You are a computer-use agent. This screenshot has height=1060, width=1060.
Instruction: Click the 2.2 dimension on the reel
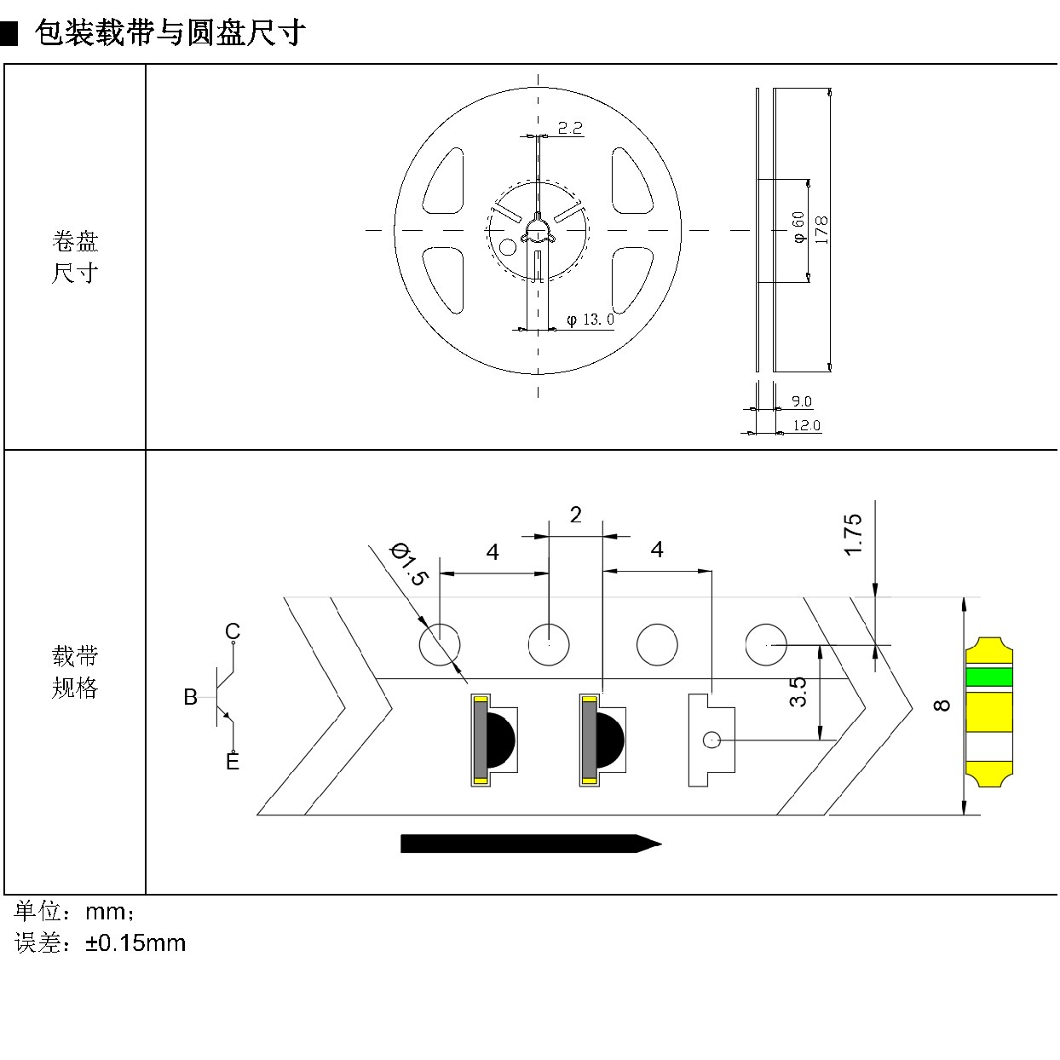pos(570,128)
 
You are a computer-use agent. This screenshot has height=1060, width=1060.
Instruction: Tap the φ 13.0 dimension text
pos(590,320)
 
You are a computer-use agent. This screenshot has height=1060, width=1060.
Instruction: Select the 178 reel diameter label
pos(821,229)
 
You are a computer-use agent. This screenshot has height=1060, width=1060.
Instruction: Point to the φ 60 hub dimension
pos(798,227)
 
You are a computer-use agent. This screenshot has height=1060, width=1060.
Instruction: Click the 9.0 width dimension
pos(802,401)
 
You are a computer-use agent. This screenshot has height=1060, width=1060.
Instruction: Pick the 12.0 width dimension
pos(806,425)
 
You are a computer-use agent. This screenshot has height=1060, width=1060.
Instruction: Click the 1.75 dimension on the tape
pos(853,534)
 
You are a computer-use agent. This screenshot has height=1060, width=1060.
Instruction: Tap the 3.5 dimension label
pos(798,692)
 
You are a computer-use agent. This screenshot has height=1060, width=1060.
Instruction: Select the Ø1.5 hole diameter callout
pos(407,564)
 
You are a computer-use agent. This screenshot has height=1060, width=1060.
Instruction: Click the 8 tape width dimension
pos(942,706)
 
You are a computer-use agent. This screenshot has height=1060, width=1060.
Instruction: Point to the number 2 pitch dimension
pos(575,515)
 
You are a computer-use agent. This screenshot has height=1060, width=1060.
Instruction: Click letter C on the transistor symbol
pos(233,631)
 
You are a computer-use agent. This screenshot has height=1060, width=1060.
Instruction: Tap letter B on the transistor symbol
pos(190,697)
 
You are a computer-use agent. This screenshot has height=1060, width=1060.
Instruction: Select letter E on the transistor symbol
pos(233,762)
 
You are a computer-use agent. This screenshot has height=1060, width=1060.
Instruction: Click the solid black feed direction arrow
pos(531,844)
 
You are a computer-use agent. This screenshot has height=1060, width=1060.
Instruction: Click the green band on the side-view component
pos(989,677)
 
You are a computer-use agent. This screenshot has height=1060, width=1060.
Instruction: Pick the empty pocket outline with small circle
pos(711,740)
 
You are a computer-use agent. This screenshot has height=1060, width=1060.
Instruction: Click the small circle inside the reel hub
pos(507,247)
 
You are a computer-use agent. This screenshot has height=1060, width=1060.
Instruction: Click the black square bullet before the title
pos(9,33)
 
